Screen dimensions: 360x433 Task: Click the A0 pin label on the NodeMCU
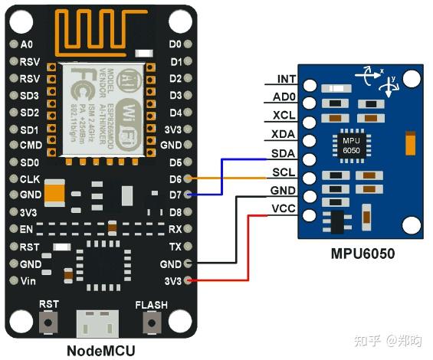point(26,44)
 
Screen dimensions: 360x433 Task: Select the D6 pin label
point(175,178)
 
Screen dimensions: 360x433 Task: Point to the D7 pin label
point(175,195)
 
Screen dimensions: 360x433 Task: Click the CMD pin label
point(31,145)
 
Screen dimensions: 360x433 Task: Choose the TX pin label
point(175,247)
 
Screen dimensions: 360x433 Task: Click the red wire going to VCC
point(248,245)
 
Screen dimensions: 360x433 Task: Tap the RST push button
point(50,322)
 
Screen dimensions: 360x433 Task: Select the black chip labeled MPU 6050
point(351,146)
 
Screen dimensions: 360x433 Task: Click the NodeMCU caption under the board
point(100,349)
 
